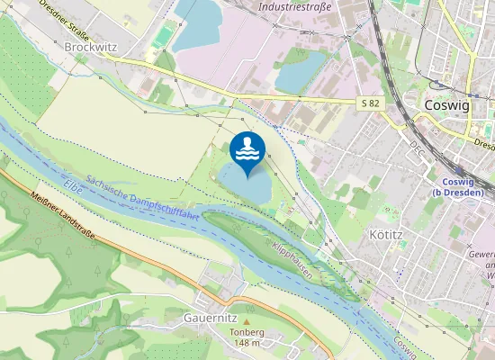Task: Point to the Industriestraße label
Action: coord(295,7)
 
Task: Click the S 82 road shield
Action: coord(370,103)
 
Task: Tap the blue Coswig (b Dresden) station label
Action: coord(458,187)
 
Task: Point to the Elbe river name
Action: coord(74,185)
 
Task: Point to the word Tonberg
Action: coord(247,332)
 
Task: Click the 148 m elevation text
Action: coord(247,343)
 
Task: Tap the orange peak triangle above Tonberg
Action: coord(247,321)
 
